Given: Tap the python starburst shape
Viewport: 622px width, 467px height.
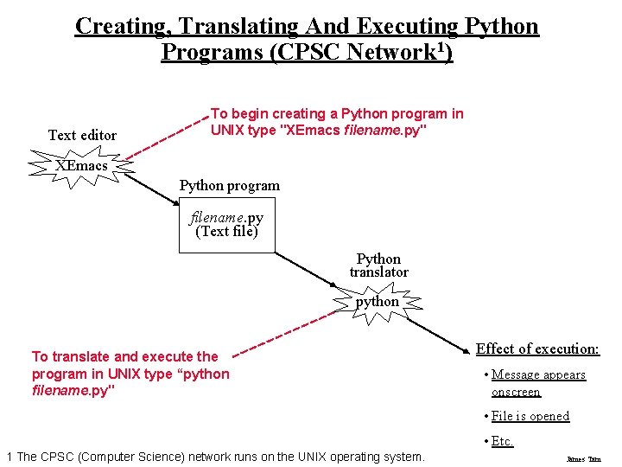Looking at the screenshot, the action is click(x=378, y=302).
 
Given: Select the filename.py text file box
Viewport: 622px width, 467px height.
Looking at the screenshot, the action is click(x=226, y=225).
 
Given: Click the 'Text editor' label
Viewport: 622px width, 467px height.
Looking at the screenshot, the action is click(x=82, y=135).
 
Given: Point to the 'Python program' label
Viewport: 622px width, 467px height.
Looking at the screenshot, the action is click(x=229, y=185).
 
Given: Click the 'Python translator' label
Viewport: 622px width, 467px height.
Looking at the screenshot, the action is click(x=378, y=265).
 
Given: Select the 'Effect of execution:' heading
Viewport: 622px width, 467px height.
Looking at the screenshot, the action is click(x=537, y=349).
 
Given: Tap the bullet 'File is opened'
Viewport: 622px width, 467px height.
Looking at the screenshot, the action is click(x=530, y=416).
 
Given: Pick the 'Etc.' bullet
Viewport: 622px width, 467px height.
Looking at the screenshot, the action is click(x=502, y=441).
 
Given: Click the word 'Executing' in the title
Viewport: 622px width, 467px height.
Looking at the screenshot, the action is click(x=403, y=26).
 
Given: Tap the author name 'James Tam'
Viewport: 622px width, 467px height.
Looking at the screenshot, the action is click(x=583, y=459).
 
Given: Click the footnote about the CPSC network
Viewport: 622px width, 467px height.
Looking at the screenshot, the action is click(x=215, y=457).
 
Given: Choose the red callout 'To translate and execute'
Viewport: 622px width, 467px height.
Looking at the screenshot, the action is click(x=130, y=374).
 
